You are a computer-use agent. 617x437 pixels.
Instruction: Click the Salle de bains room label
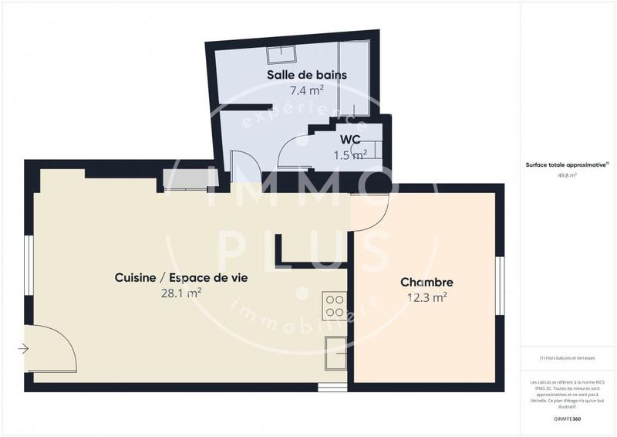point(306,75)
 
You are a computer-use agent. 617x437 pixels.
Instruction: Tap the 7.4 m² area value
point(306,90)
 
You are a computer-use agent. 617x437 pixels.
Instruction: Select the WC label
point(351,140)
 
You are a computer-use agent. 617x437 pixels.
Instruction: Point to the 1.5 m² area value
point(349,155)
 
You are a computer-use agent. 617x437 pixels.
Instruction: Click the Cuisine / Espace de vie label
point(180,278)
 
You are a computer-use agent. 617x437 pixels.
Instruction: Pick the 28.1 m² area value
point(180,293)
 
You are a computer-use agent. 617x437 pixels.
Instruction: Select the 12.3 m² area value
point(427,297)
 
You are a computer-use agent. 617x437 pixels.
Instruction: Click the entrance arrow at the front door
point(23,348)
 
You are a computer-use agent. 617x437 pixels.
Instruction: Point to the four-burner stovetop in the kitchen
point(335,305)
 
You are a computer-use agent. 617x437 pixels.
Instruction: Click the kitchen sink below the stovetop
point(335,353)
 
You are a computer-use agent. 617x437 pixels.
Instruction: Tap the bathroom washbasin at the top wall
point(282,55)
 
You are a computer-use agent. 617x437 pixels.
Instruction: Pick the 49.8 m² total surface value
point(567,175)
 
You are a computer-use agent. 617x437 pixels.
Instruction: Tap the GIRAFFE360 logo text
point(567,417)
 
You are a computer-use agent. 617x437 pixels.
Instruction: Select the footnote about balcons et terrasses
point(567,357)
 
